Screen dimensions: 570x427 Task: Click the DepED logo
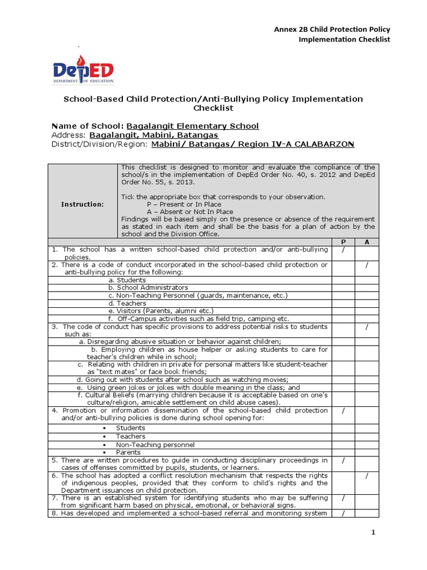pos(83,71)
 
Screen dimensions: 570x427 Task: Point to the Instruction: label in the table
pos(82,204)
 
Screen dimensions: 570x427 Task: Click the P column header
pos(344,243)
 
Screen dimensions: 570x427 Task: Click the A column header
pos(367,243)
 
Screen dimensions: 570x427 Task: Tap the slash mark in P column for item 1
pos(344,250)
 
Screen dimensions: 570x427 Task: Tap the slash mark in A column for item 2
pos(367,265)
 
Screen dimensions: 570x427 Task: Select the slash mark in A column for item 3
pos(367,327)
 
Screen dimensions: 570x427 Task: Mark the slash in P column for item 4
pos(344,411)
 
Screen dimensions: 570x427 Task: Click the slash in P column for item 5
pos(344,461)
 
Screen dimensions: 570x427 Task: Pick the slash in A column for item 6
pos(367,476)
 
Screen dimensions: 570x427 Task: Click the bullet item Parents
pos(128,453)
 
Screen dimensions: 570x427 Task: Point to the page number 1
pos(374,533)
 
